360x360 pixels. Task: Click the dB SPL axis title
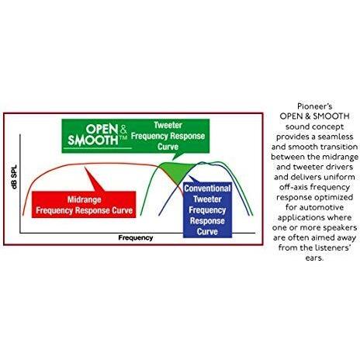tap(15, 177)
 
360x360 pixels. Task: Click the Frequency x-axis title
tap(136, 237)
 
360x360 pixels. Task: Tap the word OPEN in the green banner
tap(102, 129)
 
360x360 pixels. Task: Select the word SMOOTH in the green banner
tap(93, 140)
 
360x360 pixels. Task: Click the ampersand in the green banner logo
tap(123, 130)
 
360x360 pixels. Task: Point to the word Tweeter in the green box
tap(168, 125)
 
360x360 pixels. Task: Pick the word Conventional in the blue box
tap(207, 189)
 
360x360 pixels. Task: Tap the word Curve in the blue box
tap(207, 231)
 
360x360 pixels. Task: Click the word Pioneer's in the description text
tap(314, 106)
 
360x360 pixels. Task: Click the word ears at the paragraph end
tap(314, 258)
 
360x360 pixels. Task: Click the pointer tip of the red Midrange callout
tap(85, 167)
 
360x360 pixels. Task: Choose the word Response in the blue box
tap(207, 221)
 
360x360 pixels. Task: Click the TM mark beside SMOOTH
tap(123, 138)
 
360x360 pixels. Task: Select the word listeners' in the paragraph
tap(333, 247)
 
